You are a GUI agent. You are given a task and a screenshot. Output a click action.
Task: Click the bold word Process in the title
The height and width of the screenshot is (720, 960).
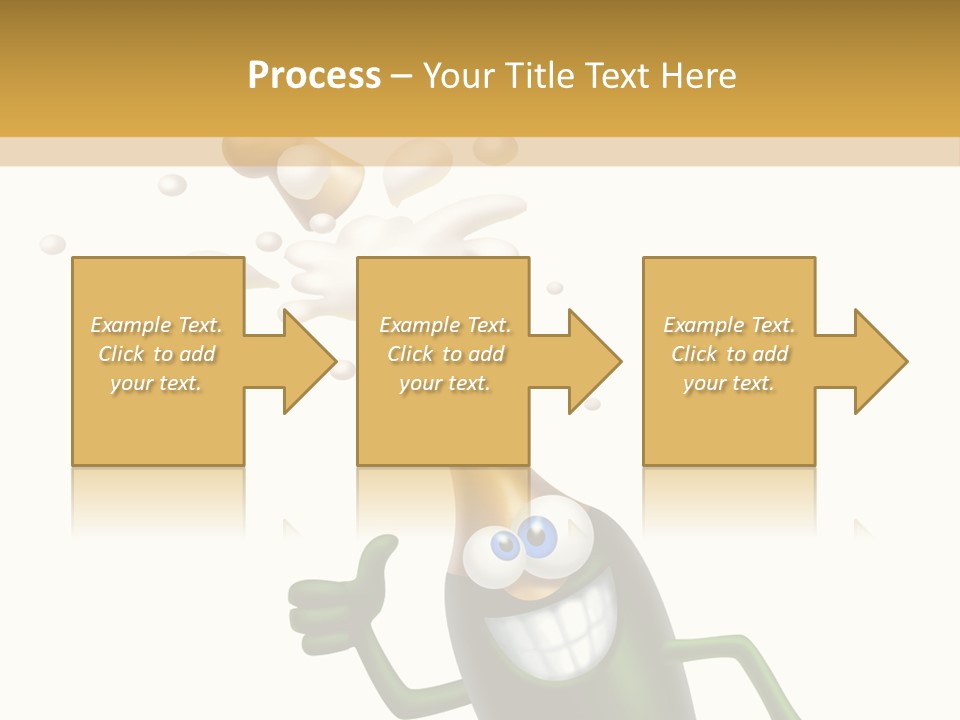tap(314, 76)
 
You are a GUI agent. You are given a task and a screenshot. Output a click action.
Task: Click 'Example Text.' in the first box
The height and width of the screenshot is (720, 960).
tap(157, 325)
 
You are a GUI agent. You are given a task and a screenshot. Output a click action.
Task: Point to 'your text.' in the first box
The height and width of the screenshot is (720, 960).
tap(157, 383)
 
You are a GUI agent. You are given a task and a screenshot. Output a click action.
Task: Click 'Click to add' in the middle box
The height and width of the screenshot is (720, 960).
tap(445, 354)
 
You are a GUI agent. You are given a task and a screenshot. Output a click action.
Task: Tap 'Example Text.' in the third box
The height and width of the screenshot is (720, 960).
tap(729, 325)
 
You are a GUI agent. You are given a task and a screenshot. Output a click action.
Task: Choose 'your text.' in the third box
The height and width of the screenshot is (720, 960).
tap(729, 383)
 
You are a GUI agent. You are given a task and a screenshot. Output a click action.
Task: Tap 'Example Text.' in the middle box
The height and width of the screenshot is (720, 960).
tap(445, 325)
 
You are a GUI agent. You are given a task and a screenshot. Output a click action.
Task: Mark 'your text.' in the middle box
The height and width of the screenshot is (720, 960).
tap(445, 383)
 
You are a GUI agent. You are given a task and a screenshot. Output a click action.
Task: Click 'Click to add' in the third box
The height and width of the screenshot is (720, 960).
tap(729, 354)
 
